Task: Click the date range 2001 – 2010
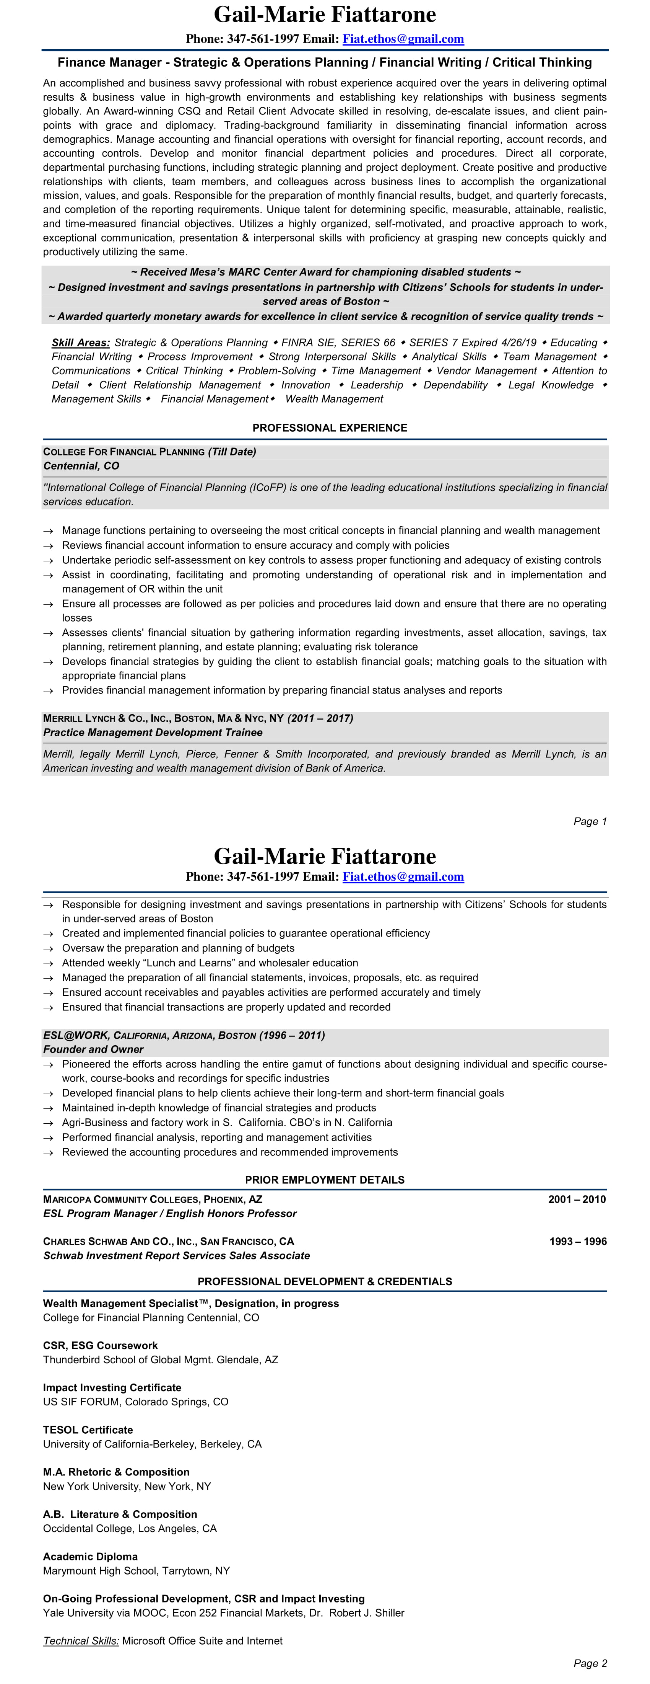pos(577,1199)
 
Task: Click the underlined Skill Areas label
pos(80,343)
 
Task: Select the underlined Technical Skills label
pos(81,1640)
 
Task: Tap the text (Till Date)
pos(232,452)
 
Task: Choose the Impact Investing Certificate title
pos(112,1387)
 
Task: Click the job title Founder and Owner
pos(93,1049)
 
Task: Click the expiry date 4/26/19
pos(519,343)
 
